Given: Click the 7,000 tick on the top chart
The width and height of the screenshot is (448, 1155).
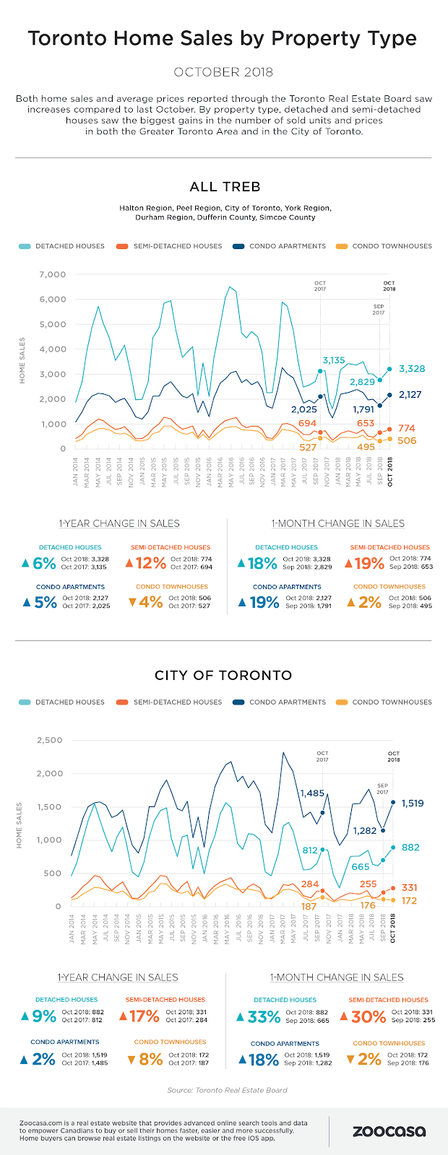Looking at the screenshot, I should click(53, 274).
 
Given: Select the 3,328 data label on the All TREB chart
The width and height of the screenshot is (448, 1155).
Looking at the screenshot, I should click(411, 369).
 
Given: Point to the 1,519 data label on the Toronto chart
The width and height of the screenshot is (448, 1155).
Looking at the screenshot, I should click(412, 803).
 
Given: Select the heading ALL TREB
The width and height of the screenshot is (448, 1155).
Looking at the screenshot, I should click(225, 187).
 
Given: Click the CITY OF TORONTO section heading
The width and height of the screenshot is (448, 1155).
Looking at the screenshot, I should click(223, 676).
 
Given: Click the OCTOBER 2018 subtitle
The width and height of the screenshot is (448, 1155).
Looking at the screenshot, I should click(224, 72).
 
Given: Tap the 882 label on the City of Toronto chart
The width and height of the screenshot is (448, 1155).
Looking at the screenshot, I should click(410, 847).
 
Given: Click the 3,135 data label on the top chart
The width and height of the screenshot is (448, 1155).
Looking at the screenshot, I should click(334, 360).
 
